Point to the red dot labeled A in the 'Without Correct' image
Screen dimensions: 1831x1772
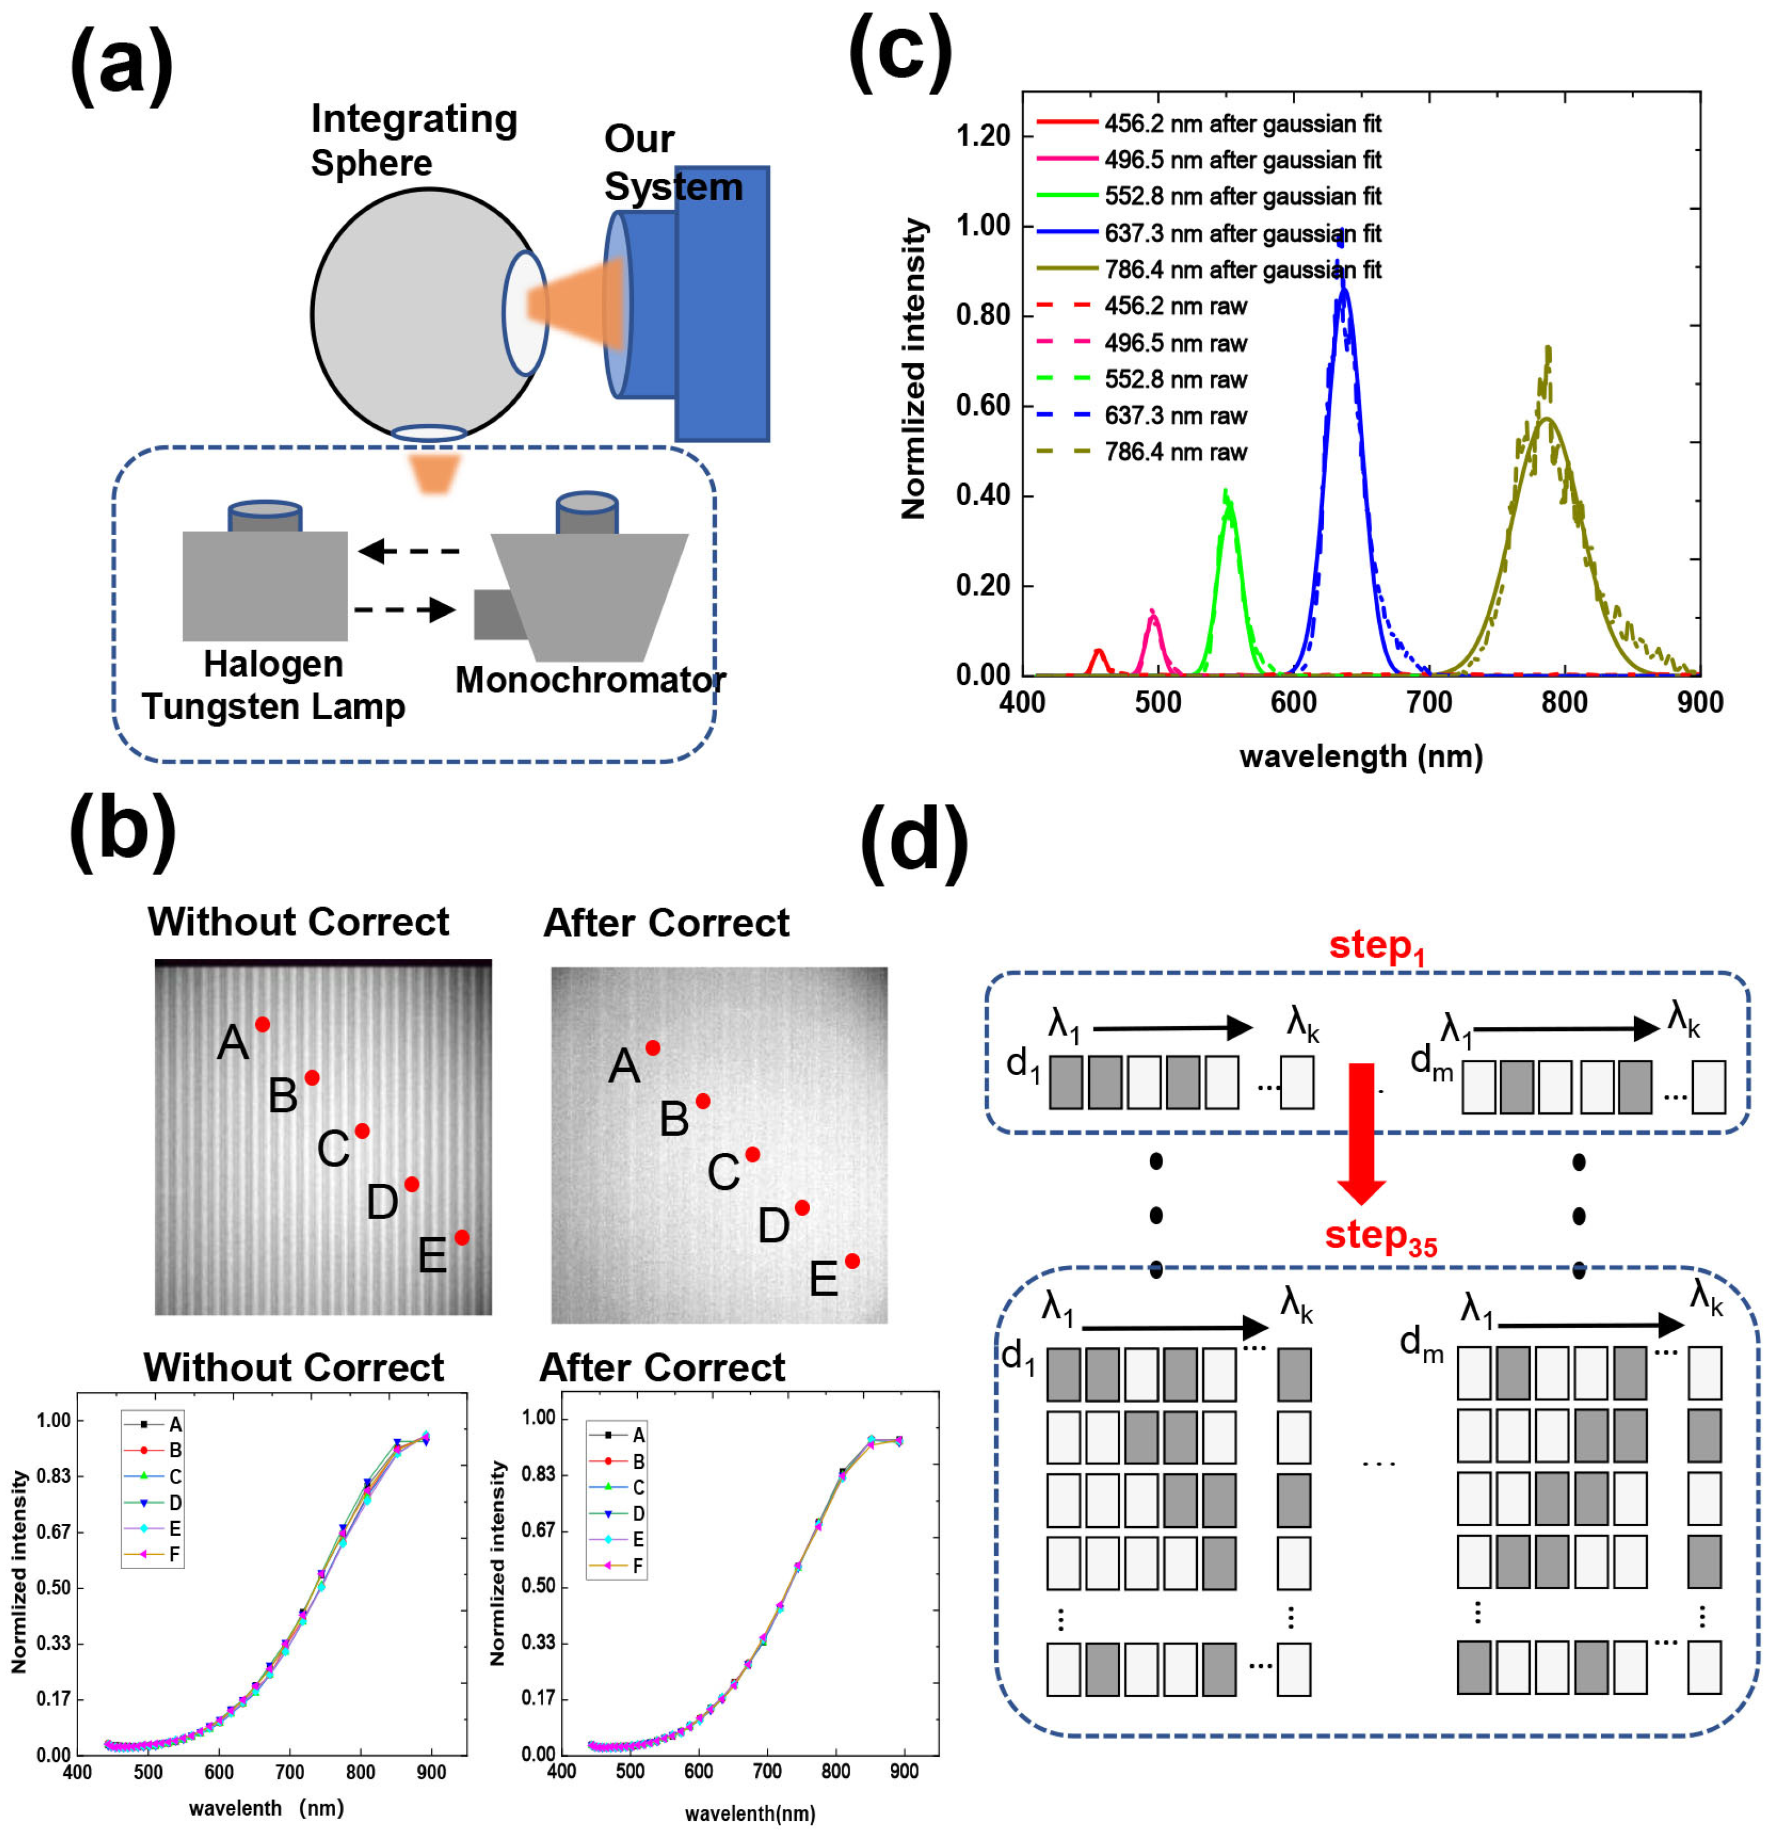[x=263, y=1025]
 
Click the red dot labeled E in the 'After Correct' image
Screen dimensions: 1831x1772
[x=852, y=1261]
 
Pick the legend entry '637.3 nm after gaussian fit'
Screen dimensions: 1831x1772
[x=1242, y=233]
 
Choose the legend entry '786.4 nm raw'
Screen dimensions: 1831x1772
[x=1175, y=452]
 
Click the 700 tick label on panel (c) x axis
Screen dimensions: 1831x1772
[x=1429, y=702]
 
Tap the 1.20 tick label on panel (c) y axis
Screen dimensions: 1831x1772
[x=982, y=137]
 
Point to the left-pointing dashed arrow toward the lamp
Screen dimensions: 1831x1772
[x=409, y=551]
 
